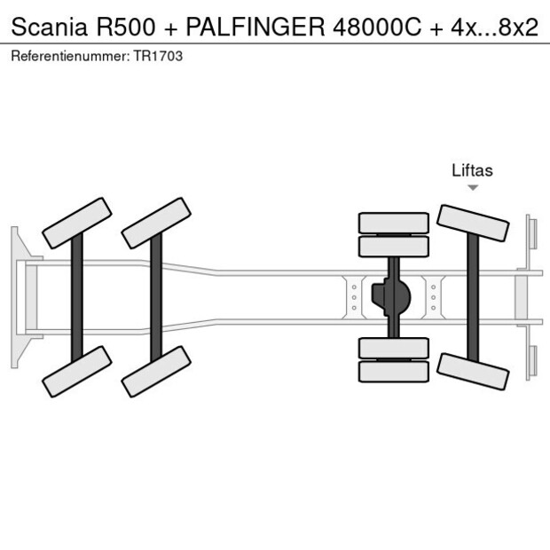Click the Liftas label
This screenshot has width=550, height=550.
472,171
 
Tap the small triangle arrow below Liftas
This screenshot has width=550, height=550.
473,188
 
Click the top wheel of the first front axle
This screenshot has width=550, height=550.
77,223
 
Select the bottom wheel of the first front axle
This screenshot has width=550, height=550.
77,371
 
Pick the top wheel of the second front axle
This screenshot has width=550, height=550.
157,223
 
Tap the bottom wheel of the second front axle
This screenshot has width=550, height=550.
157,371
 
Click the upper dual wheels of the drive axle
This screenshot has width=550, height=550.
393,234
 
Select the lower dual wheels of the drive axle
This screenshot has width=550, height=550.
393,359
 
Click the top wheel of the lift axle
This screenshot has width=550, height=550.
474,223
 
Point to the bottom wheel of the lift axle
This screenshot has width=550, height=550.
474,370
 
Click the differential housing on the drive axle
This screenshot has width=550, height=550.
393,296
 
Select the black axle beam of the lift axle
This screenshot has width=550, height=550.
474,296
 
